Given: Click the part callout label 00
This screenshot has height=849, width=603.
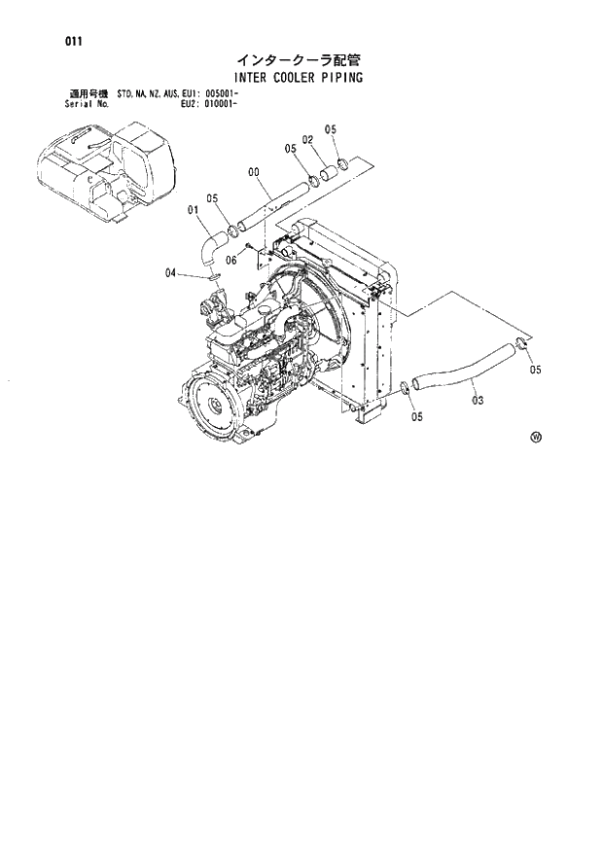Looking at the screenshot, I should pos(254,172).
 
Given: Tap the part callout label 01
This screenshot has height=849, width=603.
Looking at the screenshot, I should pos(194,209).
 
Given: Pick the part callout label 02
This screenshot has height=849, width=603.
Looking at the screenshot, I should pos(307,140).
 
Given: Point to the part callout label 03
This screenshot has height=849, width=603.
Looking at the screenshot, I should pos(474,397).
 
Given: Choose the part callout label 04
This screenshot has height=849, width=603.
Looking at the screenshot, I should pos(170,273).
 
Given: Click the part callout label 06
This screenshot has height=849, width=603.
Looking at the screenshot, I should pos(231,260).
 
